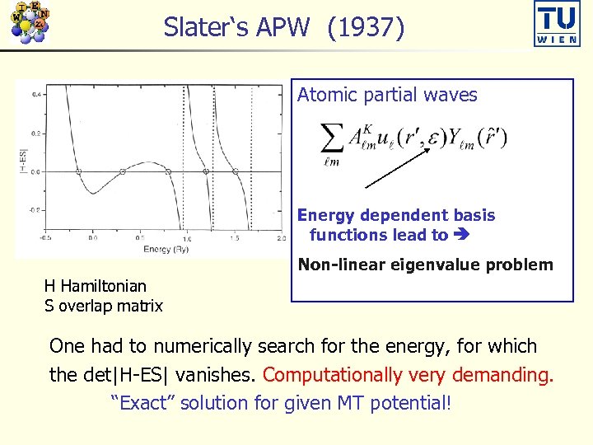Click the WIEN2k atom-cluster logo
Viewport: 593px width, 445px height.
[29, 22]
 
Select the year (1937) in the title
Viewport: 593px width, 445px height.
[366, 28]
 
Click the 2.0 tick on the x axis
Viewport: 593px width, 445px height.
[281, 239]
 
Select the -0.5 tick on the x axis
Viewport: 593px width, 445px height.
[47, 239]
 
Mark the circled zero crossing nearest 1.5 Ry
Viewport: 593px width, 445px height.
[236, 171]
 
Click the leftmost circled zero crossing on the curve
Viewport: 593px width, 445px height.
[79, 171]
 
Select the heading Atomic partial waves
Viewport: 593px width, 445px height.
[387, 96]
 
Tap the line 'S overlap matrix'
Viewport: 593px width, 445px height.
[103, 306]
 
